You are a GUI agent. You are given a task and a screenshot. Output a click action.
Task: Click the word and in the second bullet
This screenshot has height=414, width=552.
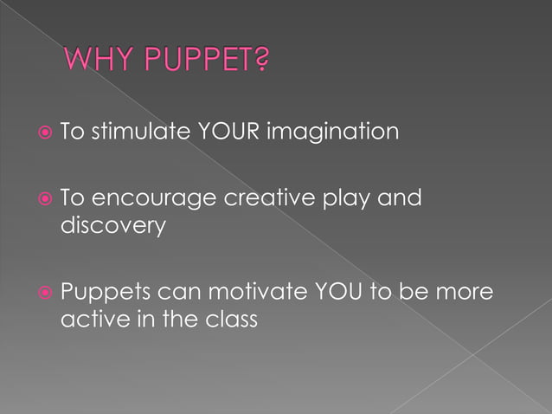[402, 198]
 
